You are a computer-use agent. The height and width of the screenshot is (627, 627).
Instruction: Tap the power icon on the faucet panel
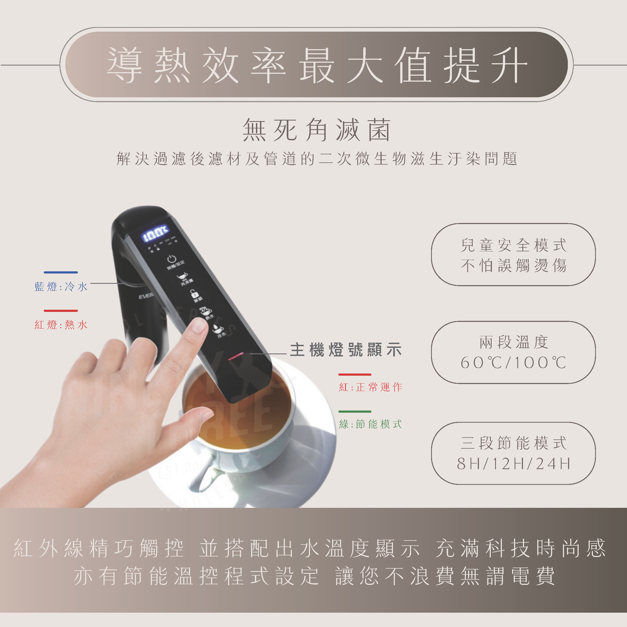click(x=172, y=259)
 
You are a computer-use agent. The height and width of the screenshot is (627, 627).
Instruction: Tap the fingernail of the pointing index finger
click(x=199, y=325)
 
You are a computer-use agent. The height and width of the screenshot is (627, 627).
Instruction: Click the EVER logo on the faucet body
click(x=145, y=296)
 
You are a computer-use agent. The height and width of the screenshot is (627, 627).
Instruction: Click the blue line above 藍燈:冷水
click(x=61, y=272)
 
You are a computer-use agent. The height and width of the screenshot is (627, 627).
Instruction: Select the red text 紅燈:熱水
click(x=61, y=325)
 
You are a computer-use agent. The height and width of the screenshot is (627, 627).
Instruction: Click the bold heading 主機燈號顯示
click(x=346, y=350)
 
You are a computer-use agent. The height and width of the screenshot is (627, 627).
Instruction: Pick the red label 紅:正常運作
click(x=370, y=387)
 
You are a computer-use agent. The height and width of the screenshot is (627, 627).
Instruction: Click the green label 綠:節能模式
click(x=370, y=424)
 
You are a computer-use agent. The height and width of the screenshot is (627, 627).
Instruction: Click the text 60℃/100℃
click(x=513, y=362)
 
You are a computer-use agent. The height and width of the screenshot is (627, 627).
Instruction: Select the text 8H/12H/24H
click(x=513, y=463)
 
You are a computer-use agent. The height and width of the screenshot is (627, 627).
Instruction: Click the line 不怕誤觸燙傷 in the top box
click(x=513, y=265)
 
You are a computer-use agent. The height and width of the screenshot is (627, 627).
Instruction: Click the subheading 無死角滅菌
click(x=316, y=130)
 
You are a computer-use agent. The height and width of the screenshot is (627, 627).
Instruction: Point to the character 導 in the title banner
click(x=125, y=65)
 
